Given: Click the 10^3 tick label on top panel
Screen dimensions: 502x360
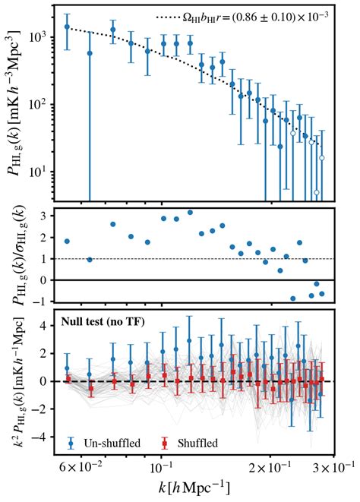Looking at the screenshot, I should [42, 35].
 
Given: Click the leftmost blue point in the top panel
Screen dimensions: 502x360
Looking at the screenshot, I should [67, 27].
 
